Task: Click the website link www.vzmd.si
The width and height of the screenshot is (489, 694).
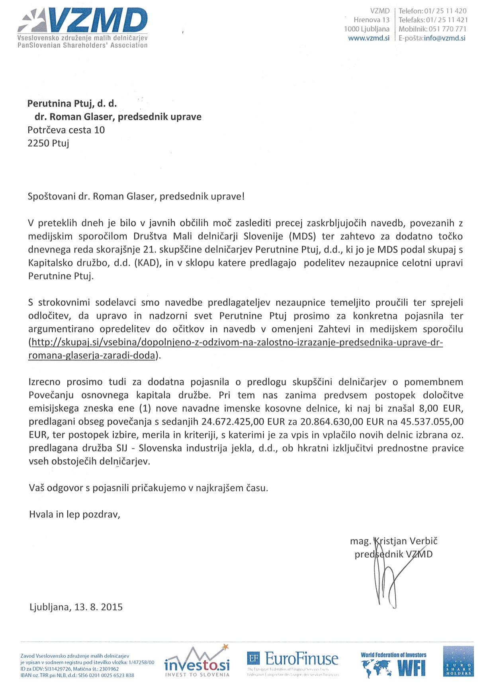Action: click(369, 38)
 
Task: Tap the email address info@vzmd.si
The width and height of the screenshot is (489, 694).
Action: click(444, 38)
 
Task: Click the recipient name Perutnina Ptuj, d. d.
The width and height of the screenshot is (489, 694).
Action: click(72, 104)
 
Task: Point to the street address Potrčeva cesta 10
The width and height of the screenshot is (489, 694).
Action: click(66, 130)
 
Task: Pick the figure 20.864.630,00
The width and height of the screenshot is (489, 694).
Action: click(333, 421)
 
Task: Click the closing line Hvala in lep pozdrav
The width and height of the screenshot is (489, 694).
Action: click(74, 514)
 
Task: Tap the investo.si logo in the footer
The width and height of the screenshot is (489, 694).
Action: click(197, 662)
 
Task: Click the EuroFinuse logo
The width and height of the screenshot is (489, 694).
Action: click(293, 662)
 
